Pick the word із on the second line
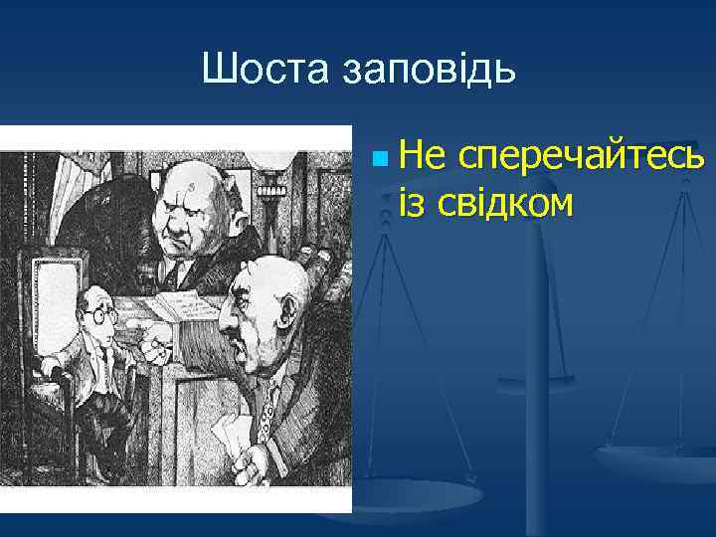click(x=413, y=202)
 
